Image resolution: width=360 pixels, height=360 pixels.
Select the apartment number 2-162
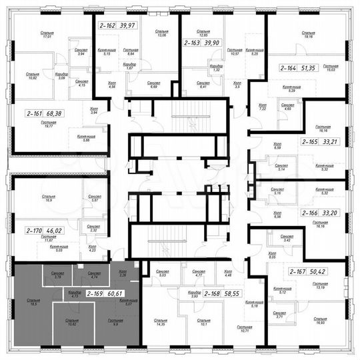click(x=105, y=25)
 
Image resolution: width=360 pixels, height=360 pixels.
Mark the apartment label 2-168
click(x=215, y=293)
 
